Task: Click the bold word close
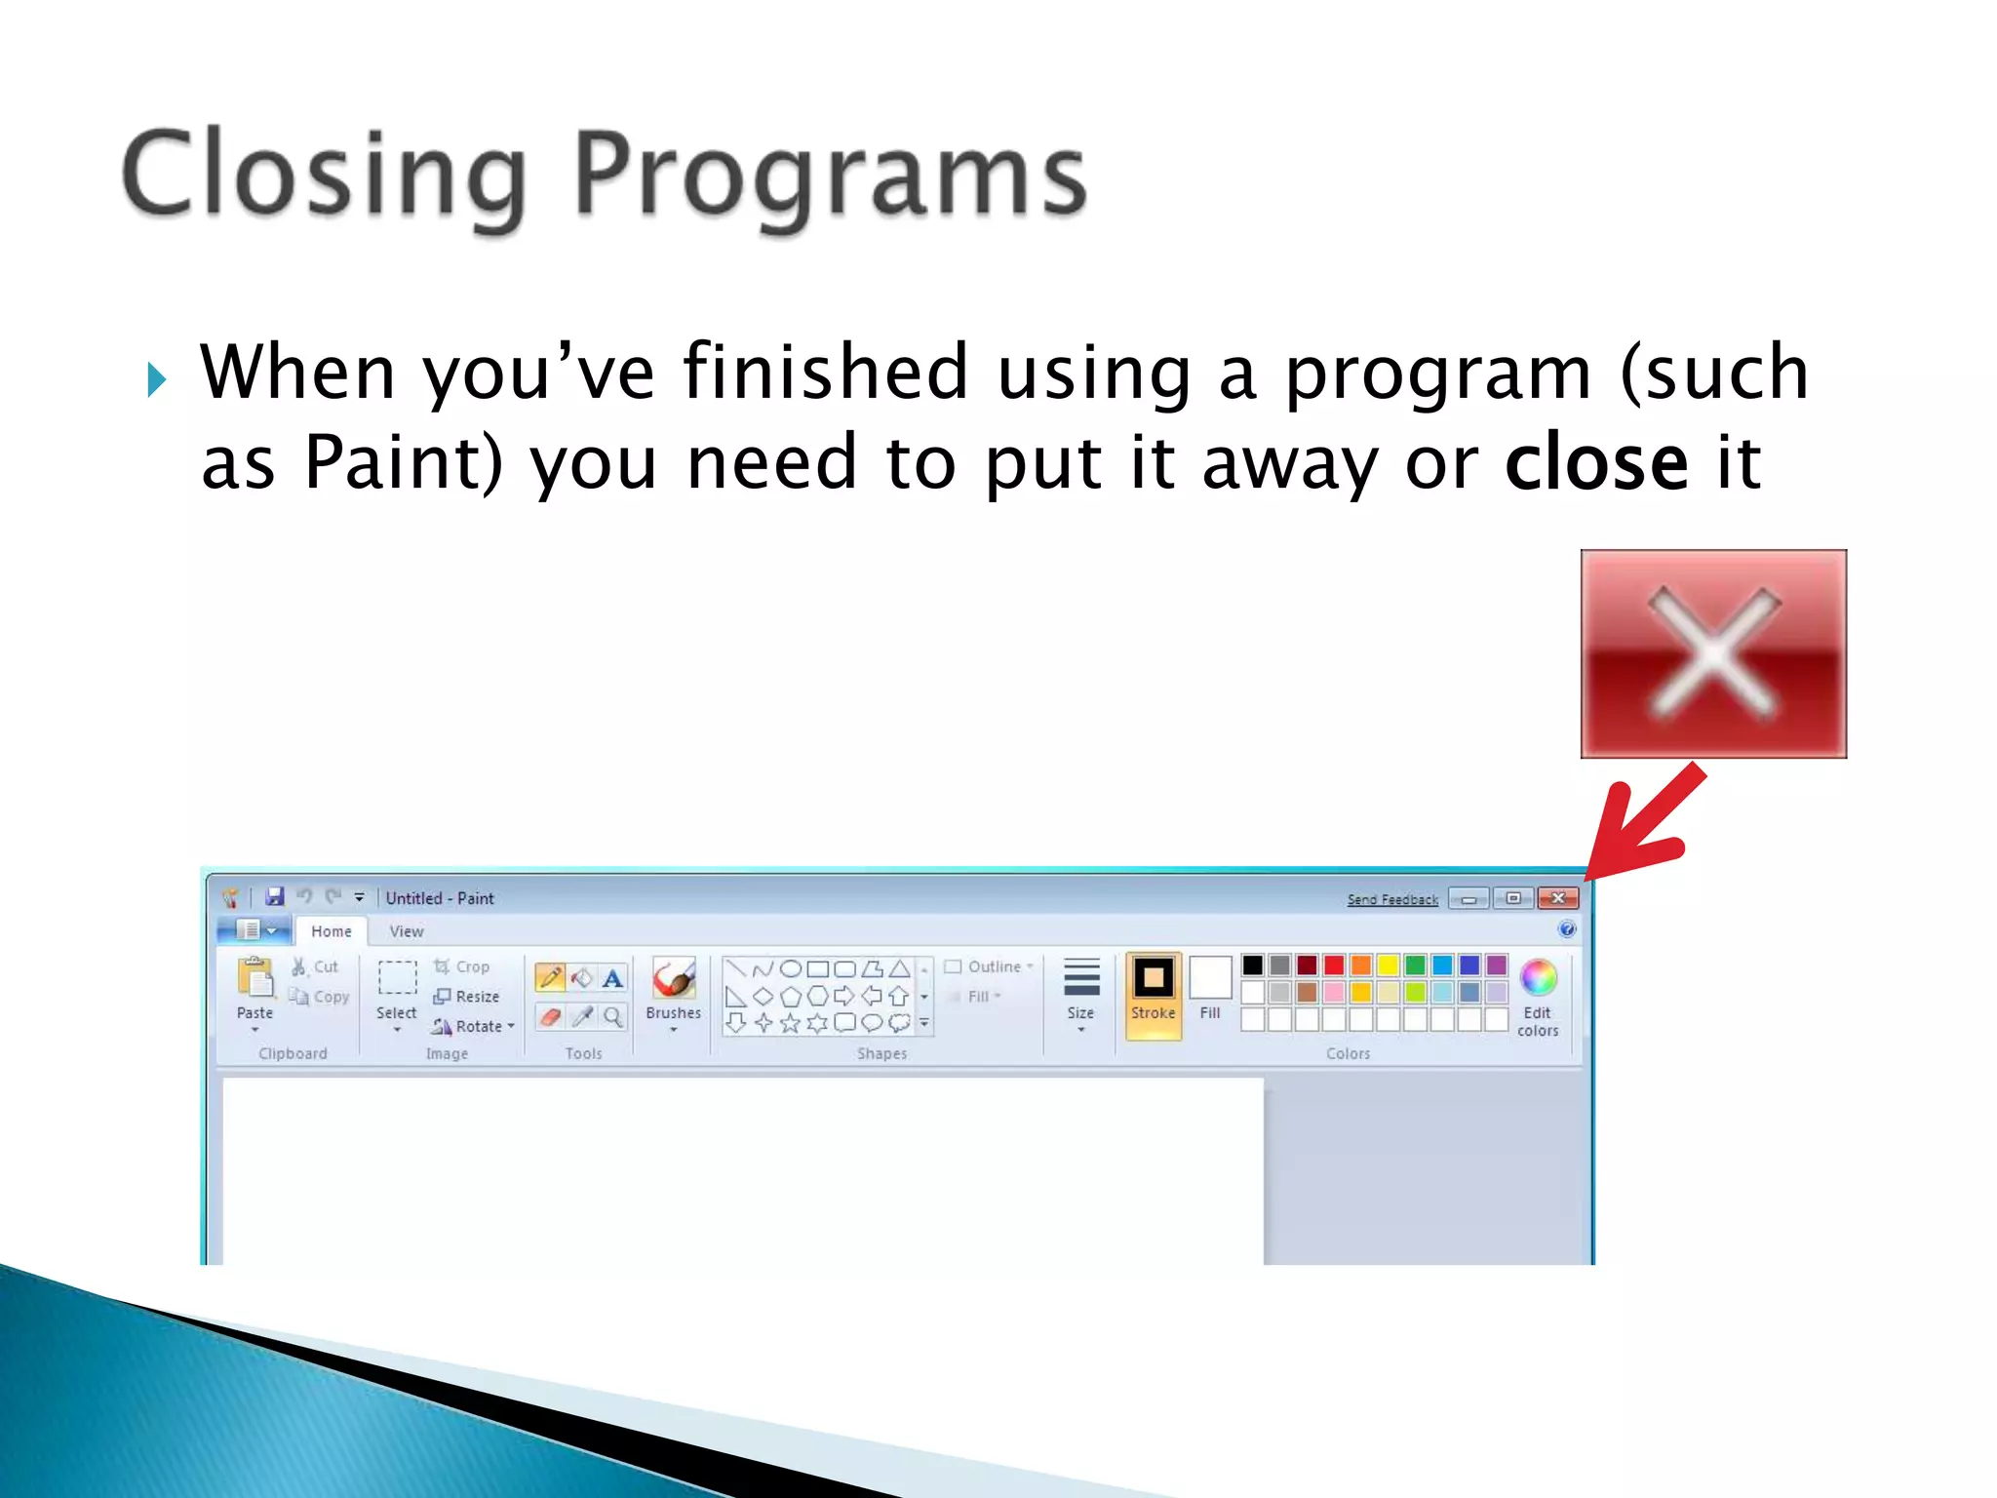(1596, 462)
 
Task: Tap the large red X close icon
(1713, 653)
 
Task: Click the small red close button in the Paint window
(1558, 898)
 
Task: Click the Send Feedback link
(1392, 899)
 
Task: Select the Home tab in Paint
(332, 931)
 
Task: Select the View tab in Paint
(407, 931)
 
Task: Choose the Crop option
(462, 966)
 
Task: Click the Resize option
(467, 997)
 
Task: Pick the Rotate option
(472, 1026)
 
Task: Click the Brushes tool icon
(674, 979)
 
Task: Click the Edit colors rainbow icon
(1538, 977)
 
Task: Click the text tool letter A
(612, 978)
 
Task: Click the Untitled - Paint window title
(440, 898)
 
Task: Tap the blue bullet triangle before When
(157, 378)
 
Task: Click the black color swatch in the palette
(1253, 966)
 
